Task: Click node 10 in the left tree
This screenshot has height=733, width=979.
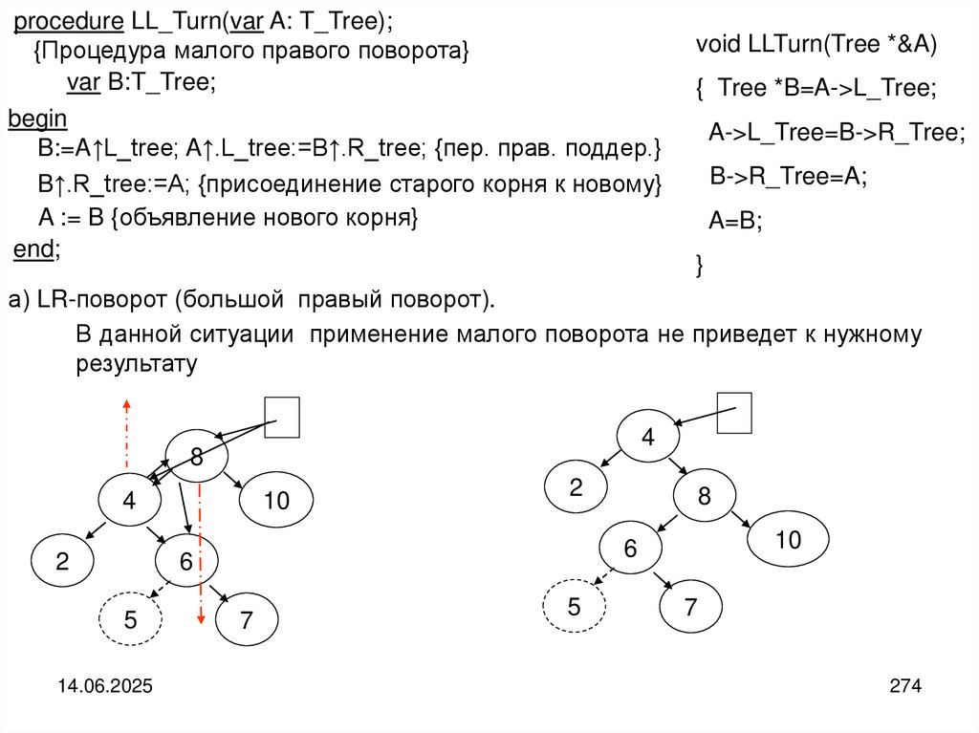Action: (x=275, y=500)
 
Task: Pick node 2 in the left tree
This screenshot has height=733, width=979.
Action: (x=62, y=562)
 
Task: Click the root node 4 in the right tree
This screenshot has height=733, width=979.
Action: (x=647, y=438)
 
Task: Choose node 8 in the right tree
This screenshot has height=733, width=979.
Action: (x=705, y=497)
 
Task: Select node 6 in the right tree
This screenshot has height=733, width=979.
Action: (x=631, y=549)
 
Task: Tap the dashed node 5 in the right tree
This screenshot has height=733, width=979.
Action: (x=574, y=607)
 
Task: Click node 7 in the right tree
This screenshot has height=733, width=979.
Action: (x=690, y=607)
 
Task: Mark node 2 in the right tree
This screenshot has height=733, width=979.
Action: (x=576, y=488)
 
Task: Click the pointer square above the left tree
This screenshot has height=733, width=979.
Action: (x=282, y=418)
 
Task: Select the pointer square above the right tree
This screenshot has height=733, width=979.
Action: (x=734, y=413)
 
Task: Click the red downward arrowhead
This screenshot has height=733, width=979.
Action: (x=200, y=622)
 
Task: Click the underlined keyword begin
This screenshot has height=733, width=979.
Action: (x=37, y=119)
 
